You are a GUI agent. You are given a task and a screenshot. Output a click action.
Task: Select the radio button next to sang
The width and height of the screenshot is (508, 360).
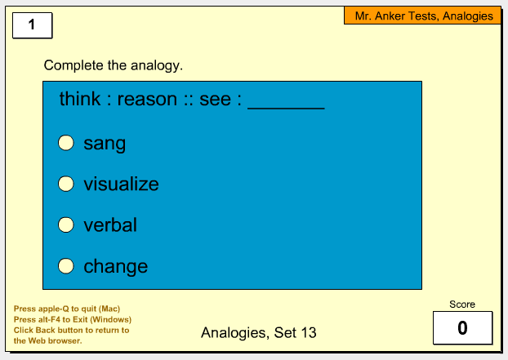(66, 143)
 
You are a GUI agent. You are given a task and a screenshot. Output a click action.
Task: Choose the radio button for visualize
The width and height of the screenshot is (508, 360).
(66, 184)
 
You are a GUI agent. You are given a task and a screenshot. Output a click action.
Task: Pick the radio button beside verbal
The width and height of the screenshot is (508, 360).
(66, 224)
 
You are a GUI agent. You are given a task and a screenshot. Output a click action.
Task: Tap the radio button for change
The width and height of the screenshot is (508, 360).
(66, 266)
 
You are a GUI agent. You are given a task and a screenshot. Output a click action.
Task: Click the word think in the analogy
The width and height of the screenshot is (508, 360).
(80, 99)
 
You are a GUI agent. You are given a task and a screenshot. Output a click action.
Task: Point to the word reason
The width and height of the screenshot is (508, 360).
(147, 100)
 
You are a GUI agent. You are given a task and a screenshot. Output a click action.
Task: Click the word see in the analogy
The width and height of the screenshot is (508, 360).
(215, 100)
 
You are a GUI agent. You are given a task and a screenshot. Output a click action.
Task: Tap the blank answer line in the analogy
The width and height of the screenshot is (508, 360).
(286, 109)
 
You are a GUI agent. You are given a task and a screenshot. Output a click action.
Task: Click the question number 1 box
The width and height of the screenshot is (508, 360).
(33, 25)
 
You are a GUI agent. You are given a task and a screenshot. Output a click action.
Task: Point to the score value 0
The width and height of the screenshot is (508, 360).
(462, 327)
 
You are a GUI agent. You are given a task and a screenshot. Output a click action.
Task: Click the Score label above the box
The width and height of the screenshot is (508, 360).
(462, 304)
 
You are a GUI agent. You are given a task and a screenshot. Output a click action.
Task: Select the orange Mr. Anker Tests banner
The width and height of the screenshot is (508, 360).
(422, 16)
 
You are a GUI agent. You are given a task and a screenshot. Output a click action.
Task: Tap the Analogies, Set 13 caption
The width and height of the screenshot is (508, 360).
(259, 333)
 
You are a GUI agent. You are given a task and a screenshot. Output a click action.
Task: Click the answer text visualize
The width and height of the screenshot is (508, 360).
(121, 184)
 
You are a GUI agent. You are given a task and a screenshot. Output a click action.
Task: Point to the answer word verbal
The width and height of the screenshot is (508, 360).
(110, 225)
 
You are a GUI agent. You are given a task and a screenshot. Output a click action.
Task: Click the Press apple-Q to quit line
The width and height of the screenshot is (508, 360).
(67, 309)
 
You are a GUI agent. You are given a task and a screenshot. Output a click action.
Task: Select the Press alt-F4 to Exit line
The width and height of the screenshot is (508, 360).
(73, 319)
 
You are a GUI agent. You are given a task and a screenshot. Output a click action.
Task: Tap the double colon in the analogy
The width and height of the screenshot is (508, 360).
(188, 100)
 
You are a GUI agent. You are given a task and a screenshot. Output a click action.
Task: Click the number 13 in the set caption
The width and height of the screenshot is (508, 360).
(309, 332)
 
